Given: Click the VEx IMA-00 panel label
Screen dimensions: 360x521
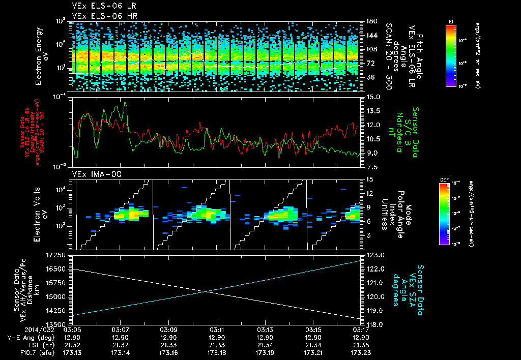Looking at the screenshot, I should [96, 174].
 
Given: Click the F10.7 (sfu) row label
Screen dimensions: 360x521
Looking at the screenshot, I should [20, 352].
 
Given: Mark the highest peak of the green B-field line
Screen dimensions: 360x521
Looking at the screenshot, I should [125, 102].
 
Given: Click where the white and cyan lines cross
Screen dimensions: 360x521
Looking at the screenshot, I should [205, 291].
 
